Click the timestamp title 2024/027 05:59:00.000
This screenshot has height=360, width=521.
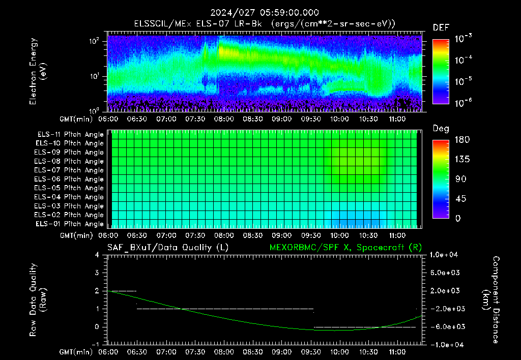(265, 13)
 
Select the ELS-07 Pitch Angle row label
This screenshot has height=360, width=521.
(69, 170)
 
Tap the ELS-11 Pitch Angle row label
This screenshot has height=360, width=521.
(70, 135)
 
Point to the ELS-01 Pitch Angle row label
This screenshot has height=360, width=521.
(69, 224)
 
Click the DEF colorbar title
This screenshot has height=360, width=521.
(441, 27)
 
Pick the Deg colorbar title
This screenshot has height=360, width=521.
(441, 129)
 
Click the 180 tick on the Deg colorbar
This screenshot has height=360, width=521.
(462, 139)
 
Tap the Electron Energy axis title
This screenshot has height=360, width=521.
(38, 71)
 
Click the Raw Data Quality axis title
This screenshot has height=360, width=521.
(38, 300)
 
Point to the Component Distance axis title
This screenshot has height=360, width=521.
(491, 300)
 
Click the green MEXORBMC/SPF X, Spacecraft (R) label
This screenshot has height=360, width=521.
(345, 248)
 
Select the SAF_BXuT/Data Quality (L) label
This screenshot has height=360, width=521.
(168, 248)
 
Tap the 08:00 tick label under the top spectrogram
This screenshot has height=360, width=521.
(224, 119)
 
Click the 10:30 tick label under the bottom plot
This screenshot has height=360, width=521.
(368, 352)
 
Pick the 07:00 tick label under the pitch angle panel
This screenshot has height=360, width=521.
(166, 235)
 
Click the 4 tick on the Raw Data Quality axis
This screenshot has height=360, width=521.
(97, 255)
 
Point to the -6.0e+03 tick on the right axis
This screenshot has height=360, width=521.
(445, 327)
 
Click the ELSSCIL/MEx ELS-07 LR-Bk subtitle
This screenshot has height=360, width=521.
(198, 24)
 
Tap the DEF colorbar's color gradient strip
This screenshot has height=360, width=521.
(441, 71)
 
